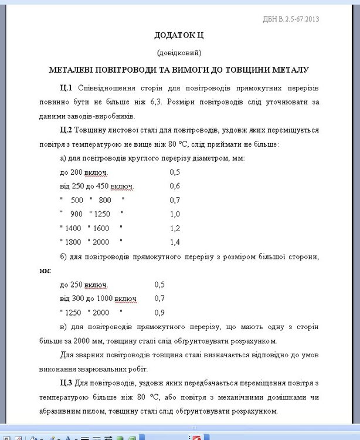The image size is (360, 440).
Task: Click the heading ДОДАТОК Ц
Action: [x=179, y=36]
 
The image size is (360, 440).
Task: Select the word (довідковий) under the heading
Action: [x=179, y=52]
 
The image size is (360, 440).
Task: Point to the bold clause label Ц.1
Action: [x=66, y=88]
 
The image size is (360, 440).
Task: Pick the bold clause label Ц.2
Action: [x=66, y=130]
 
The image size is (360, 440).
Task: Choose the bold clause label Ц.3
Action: [x=66, y=384]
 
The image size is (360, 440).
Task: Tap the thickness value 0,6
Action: [x=175, y=186]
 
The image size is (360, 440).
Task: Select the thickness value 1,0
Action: [x=175, y=214]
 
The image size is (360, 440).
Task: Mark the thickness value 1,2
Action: [x=175, y=228]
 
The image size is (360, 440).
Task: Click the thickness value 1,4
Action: [x=175, y=242]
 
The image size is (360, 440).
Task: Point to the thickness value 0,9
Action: [x=159, y=313]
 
